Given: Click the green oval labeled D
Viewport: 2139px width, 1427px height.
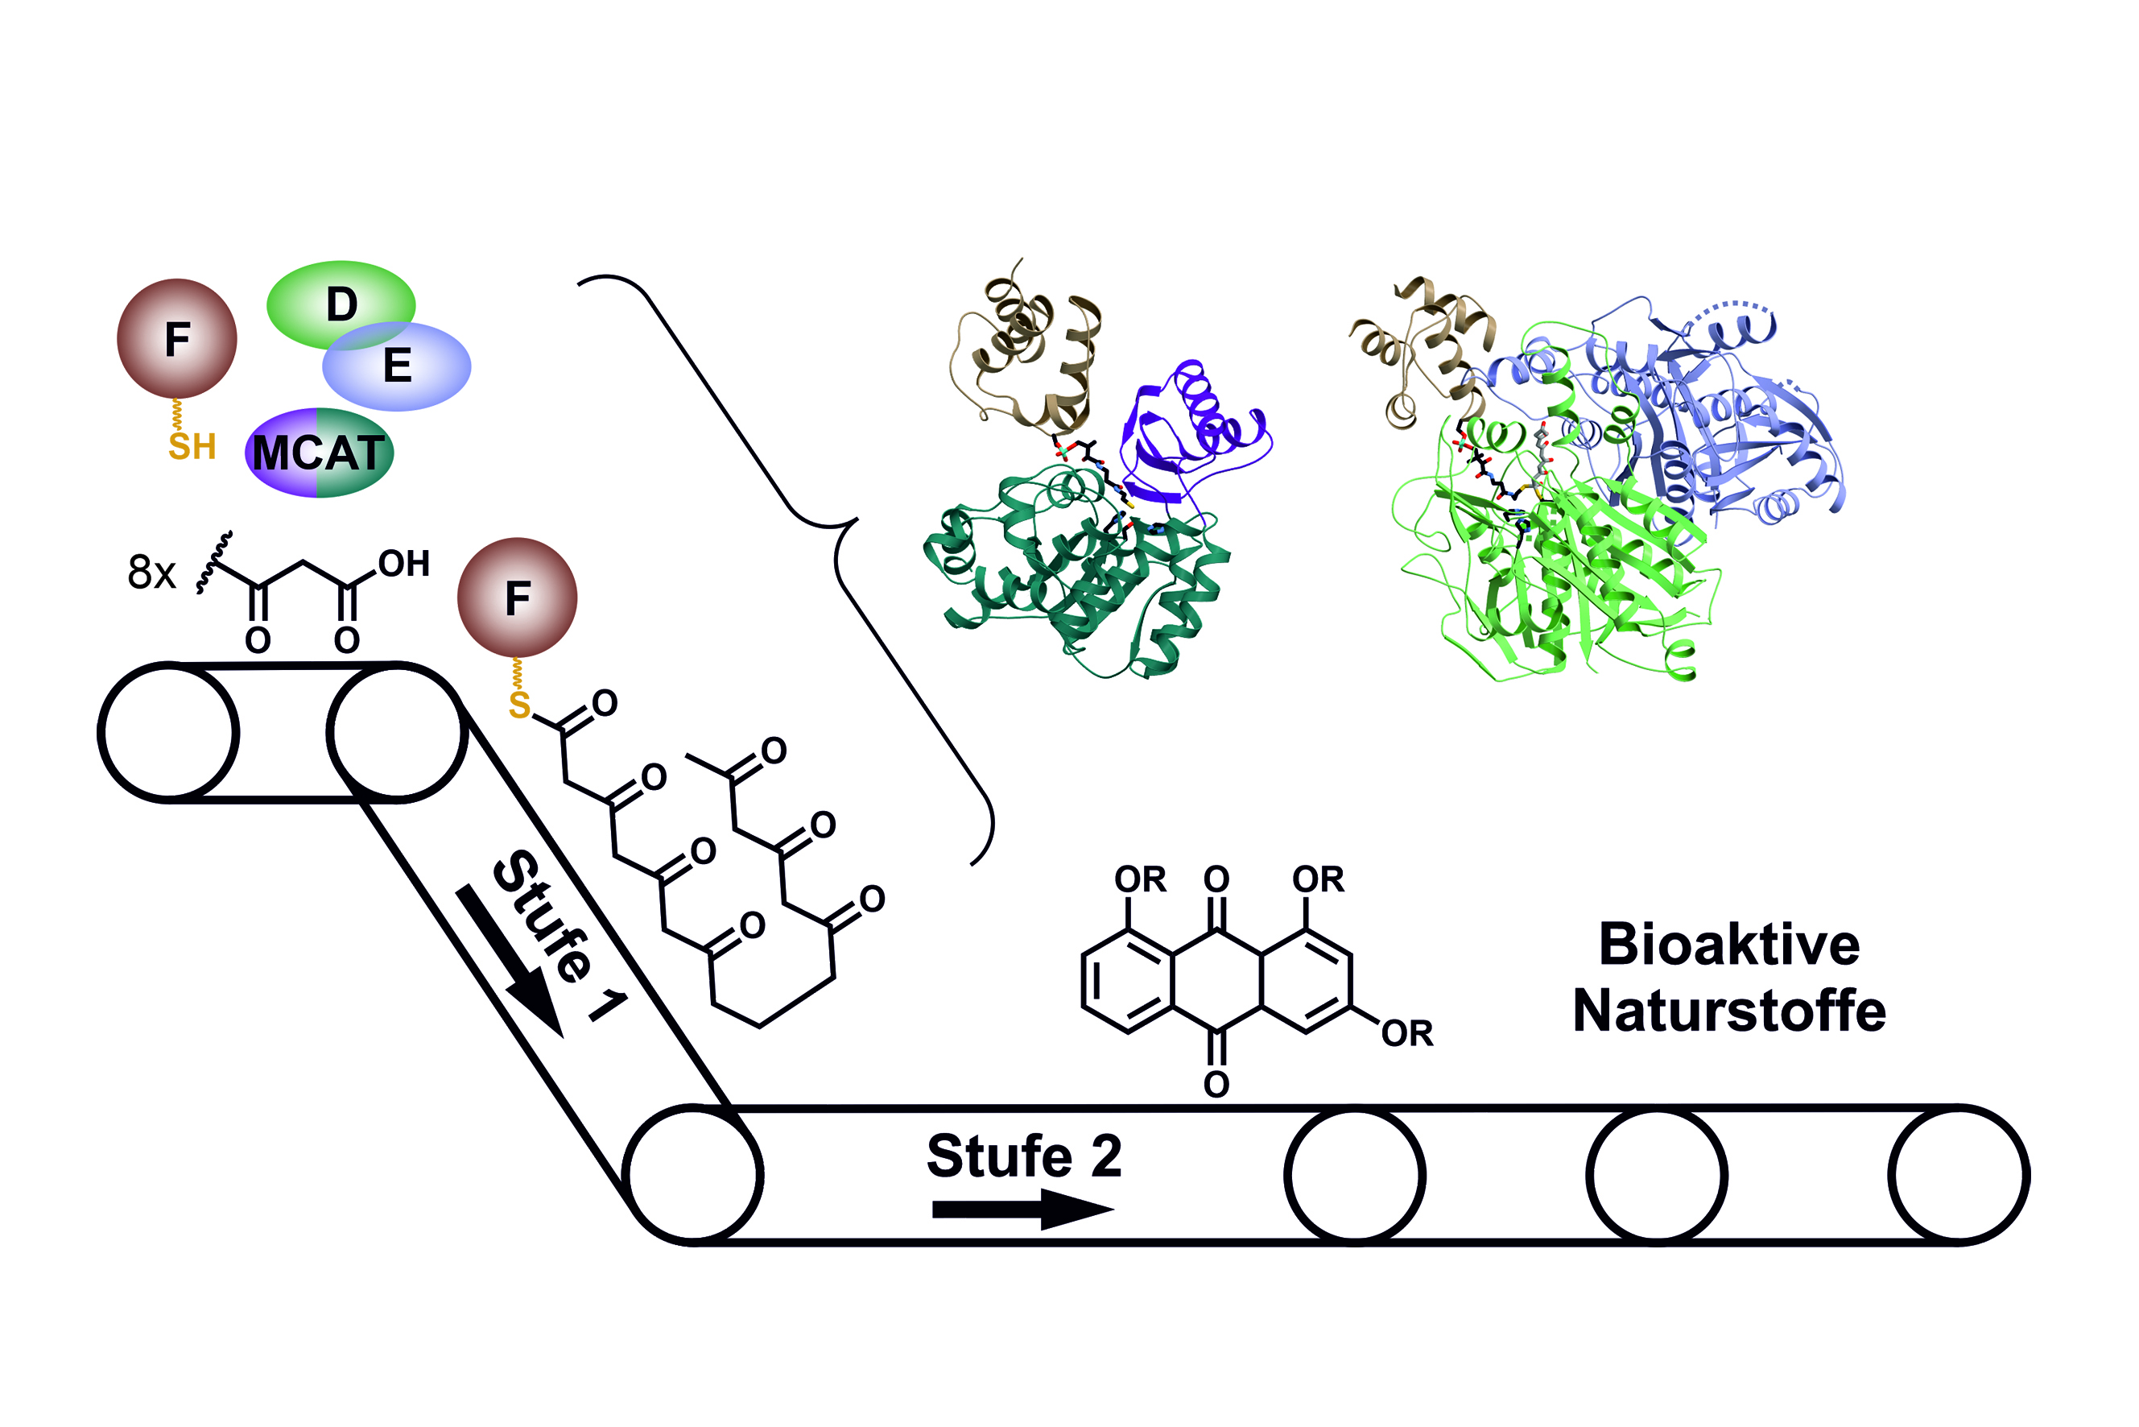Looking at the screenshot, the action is click(x=341, y=305).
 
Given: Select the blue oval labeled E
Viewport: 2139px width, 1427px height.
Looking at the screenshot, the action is click(x=398, y=366).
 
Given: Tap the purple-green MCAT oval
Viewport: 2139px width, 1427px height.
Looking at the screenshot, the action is click(x=320, y=453).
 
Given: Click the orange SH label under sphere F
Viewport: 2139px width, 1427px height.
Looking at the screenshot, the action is click(x=192, y=447).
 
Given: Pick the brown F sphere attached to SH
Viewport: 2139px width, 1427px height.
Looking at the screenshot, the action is click(x=177, y=338).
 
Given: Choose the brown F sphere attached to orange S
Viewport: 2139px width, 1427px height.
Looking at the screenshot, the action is click(x=518, y=597).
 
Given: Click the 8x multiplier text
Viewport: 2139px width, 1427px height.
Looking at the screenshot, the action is click(x=152, y=573).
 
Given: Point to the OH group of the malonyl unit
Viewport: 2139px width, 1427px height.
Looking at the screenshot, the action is click(x=404, y=565).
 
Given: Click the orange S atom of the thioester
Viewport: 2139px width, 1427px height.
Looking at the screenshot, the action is click(x=519, y=705).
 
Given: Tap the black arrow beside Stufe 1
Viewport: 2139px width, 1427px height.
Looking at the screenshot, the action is click(x=510, y=961).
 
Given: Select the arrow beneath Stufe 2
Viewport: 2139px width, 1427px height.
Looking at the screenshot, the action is click(x=1023, y=1210).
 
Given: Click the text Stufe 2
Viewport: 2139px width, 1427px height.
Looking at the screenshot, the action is click(x=1025, y=1156).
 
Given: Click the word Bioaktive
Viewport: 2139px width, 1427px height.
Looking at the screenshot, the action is click(x=1729, y=944).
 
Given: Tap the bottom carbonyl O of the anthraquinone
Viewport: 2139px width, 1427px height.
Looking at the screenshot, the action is click(x=1216, y=1084).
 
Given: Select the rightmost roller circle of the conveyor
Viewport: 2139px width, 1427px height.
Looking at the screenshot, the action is click(x=1959, y=1174).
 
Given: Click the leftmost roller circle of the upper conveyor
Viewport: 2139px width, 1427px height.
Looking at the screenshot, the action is click(x=168, y=732).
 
